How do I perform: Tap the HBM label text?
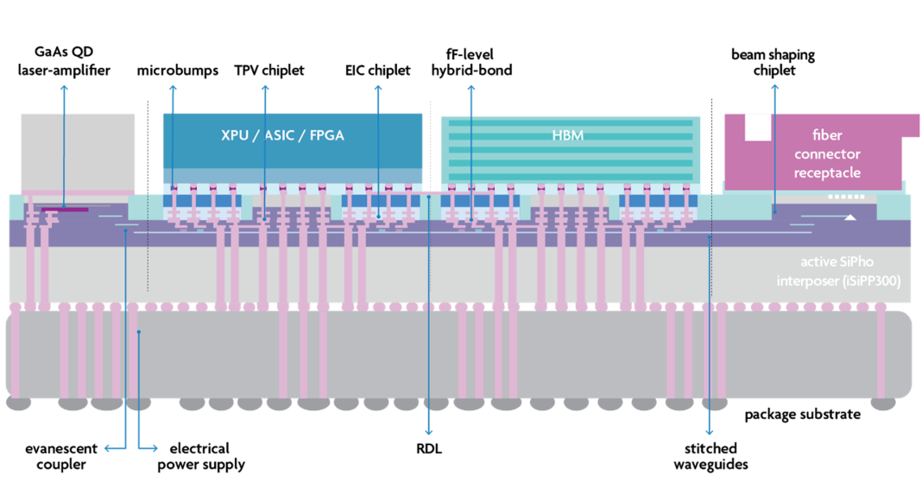567,136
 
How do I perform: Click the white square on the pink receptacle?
757,127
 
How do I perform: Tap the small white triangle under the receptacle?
849,217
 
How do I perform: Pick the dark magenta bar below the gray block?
65,209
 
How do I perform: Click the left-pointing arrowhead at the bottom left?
108,447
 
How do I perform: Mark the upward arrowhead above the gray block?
64,88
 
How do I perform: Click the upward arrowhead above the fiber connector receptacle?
774,87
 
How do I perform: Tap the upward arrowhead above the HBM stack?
471,88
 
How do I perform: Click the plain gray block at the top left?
77,151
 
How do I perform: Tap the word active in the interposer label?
818,262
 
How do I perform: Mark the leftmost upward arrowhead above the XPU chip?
174,88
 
